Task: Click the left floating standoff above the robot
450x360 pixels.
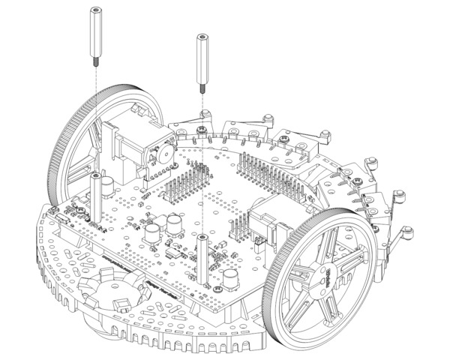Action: pyautogui.click(x=96, y=30)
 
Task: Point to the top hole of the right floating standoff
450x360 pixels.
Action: pyautogui.click(x=202, y=36)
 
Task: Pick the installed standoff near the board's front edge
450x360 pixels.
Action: pyautogui.click(x=202, y=259)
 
